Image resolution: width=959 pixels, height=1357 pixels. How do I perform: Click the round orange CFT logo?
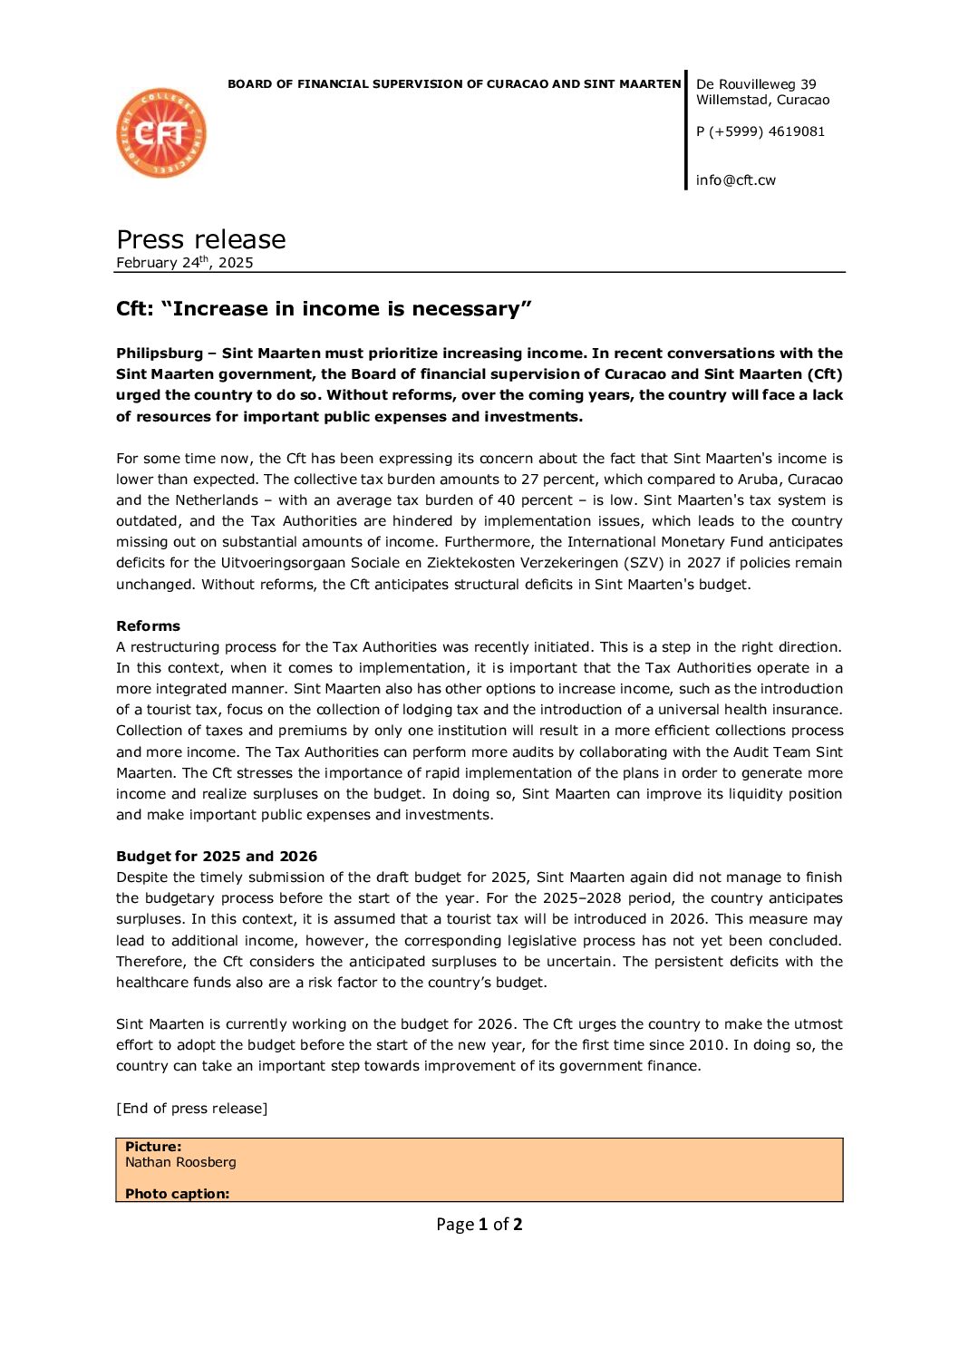tap(161, 133)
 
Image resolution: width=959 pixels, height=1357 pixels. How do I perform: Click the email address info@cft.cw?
tap(735, 180)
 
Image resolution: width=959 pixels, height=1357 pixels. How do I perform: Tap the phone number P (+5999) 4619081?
tap(760, 131)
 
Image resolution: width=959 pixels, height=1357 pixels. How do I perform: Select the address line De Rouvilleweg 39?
tap(756, 84)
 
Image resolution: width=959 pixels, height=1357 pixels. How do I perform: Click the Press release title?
tap(200, 239)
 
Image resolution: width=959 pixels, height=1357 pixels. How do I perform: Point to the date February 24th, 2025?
tap(184, 263)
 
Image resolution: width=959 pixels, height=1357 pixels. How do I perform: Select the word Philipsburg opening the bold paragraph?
tap(160, 354)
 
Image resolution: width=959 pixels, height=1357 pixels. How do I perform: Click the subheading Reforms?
tap(148, 626)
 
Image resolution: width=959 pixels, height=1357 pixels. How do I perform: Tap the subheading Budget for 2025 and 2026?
tap(217, 857)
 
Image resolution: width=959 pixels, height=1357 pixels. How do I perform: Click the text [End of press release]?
tap(191, 1109)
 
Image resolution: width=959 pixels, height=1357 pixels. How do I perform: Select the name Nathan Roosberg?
tap(180, 1162)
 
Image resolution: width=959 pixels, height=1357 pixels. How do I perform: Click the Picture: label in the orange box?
tap(153, 1147)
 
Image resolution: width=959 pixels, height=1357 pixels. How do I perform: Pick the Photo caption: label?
tap(177, 1194)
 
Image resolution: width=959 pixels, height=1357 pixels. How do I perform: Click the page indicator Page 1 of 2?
tap(479, 1225)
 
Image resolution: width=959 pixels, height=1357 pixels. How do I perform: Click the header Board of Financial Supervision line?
tap(453, 84)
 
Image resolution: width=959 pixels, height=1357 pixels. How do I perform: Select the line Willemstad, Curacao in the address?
tap(762, 100)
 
